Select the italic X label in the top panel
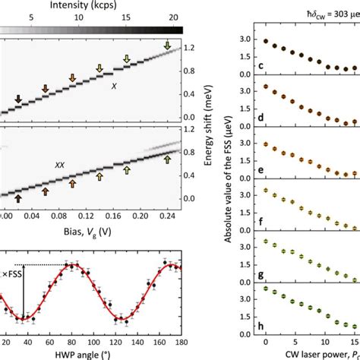tap(115, 87)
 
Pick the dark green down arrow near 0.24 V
tap(168, 47)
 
